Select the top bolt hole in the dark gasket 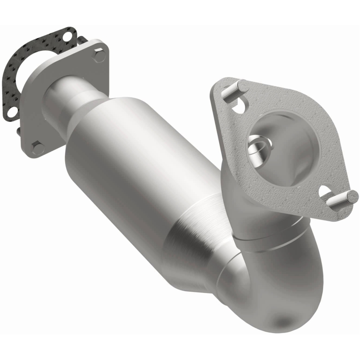point(68,35)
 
